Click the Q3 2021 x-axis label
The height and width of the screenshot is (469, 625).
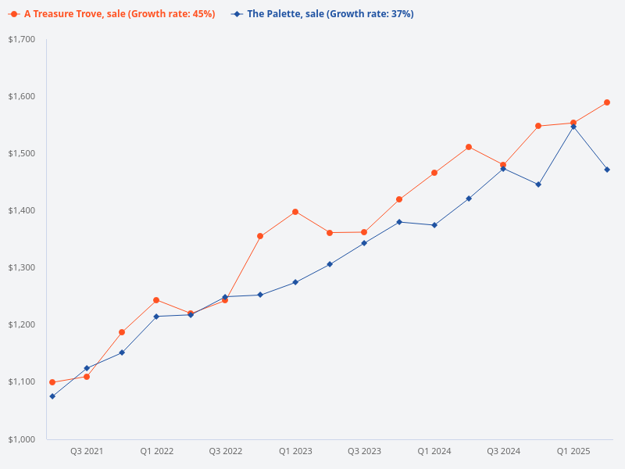(x=87, y=451)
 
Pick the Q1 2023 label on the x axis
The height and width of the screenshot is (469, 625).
(x=295, y=451)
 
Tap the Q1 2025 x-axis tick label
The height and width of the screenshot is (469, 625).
(x=573, y=451)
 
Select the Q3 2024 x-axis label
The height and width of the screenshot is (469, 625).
(x=503, y=451)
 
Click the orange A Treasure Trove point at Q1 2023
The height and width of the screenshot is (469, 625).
(x=295, y=212)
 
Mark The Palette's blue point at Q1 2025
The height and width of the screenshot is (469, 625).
(x=573, y=126)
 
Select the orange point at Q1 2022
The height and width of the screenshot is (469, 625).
(x=156, y=300)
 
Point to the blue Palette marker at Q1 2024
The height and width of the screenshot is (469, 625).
(x=434, y=225)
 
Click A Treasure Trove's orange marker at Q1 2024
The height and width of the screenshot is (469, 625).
(x=434, y=173)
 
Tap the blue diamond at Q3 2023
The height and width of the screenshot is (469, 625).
(x=364, y=243)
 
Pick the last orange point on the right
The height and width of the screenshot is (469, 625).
(x=607, y=102)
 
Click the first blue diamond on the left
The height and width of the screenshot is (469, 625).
(x=52, y=396)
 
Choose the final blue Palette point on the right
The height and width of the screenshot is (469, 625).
(x=607, y=170)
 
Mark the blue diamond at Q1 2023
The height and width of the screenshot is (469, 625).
(x=295, y=282)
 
